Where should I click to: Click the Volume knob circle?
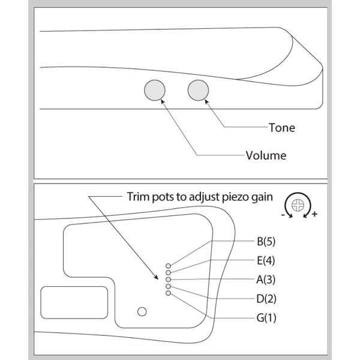pos(155,90)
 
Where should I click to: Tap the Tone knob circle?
pos(198,90)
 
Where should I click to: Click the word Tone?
pos(282,128)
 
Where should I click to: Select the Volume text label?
pos(266,155)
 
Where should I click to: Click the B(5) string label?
pos(266,242)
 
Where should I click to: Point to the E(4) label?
pos(266,260)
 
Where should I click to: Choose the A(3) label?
pos(266,280)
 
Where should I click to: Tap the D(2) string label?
pos(266,299)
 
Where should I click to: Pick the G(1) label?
pos(266,318)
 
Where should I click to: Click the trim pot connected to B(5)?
pos(168,266)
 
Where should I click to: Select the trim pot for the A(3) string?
pos(168,280)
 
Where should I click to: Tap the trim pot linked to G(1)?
pos(168,293)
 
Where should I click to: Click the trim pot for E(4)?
pos(168,272)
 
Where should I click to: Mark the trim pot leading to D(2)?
pos(168,286)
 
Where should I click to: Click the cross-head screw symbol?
pos(298,205)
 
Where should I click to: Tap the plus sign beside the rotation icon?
pos(314,214)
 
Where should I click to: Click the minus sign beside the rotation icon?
pos(283,215)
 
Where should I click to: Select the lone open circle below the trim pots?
pos(142,311)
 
